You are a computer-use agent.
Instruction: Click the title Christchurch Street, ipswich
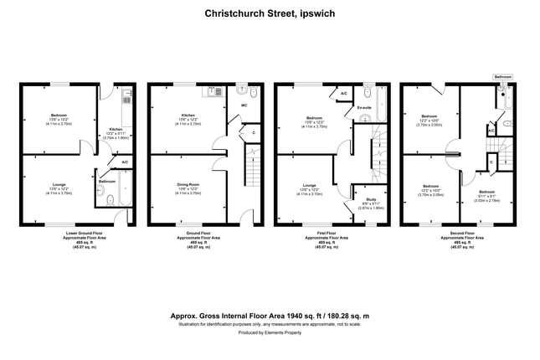point(270,13)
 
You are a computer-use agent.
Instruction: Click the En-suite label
point(363,109)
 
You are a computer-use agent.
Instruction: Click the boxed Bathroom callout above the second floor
point(502,77)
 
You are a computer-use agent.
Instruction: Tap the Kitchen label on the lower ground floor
point(116,129)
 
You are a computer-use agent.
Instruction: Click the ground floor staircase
point(250,167)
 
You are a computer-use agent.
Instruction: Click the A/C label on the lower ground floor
point(125,162)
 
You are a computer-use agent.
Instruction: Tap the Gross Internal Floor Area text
point(270,316)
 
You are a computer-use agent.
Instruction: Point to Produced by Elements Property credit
point(270,332)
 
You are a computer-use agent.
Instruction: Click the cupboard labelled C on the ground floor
point(254,131)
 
